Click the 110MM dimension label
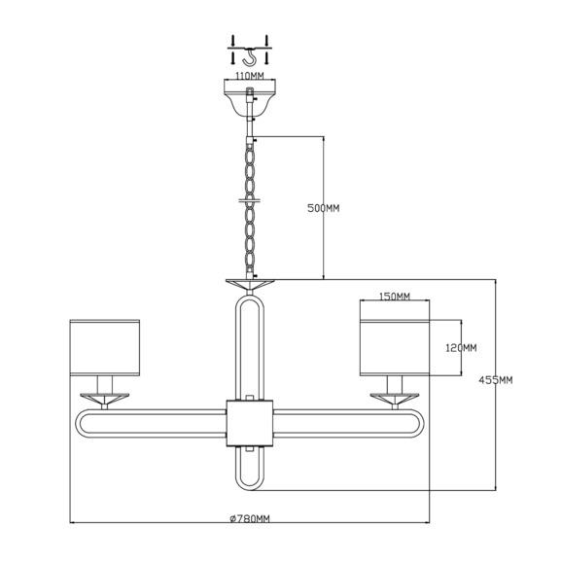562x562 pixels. [x=250, y=76]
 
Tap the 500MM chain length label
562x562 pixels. [x=324, y=208]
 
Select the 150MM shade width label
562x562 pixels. [x=395, y=297]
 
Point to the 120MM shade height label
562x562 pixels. [x=461, y=348]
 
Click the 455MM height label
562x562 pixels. [x=496, y=380]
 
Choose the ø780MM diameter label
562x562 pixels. [x=250, y=518]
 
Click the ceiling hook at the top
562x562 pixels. [x=250, y=57]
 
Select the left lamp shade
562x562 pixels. [x=105, y=348]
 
